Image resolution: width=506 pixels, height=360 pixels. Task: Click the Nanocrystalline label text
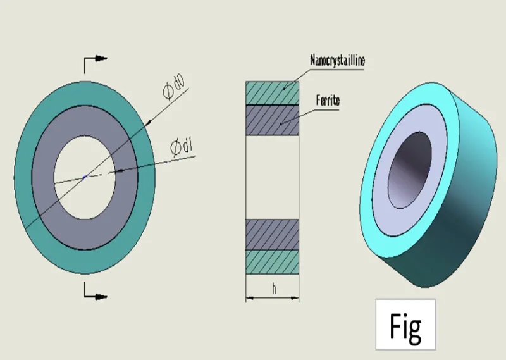pos(338,61)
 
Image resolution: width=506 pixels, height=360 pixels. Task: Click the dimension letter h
pos(274,289)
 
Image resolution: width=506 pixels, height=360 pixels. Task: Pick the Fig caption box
pos(405,324)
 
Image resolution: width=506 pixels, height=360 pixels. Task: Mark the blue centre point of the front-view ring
pos(85,177)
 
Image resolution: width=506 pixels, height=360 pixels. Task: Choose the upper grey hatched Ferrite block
pos(272,120)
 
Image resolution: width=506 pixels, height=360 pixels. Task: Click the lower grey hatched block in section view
pos(272,233)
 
